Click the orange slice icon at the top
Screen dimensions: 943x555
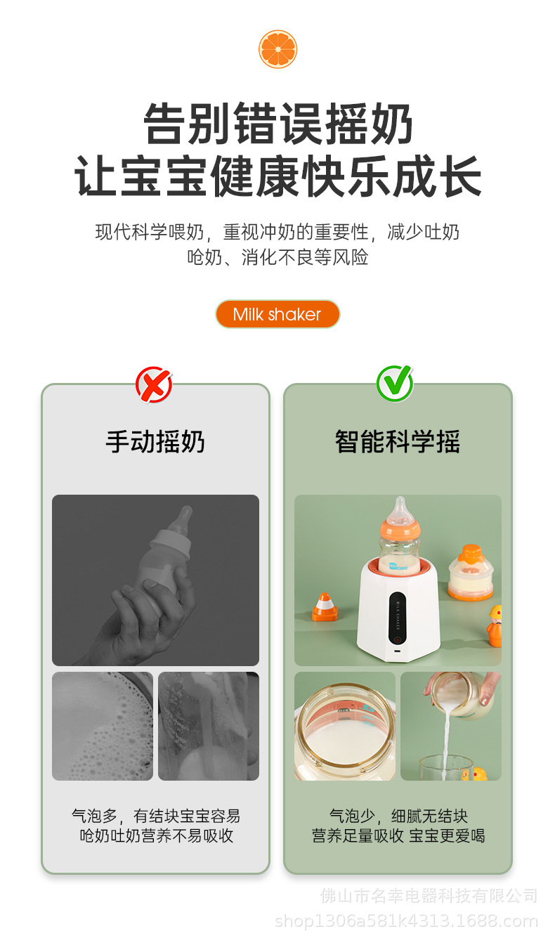click(x=278, y=49)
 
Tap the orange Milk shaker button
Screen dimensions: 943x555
click(x=277, y=314)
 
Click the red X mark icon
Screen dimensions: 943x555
click(x=154, y=384)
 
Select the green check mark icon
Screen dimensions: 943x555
click(x=395, y=384)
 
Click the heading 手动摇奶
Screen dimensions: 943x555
click(x=155, y=442)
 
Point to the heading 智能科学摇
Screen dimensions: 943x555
click(x=398, y=442)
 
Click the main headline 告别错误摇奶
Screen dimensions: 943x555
click(x=278, y=124)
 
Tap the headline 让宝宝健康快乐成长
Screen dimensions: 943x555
click(x=278, y=176)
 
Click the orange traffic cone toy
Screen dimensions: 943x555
click(x=325, y=606)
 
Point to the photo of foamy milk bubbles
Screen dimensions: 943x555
click(x=103, y=726)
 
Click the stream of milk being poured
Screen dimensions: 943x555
click(x=445, y=738)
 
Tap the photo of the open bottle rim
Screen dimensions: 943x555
click(x=344, y=726)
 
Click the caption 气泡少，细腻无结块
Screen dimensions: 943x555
click(x=398, y=816)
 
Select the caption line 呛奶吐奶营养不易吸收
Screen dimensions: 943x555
click(x=156, y=836)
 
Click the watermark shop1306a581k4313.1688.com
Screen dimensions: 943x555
click(x=406, y=921)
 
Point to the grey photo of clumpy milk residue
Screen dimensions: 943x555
click(x=209, y=726)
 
